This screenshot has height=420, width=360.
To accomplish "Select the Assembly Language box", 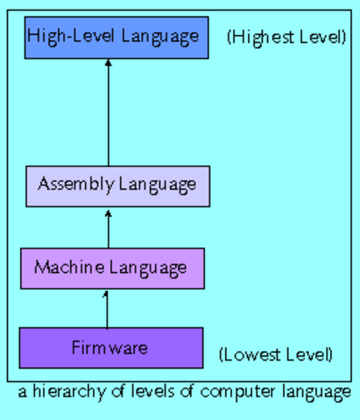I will (x=117, y=185).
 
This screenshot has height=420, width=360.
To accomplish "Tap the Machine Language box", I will (x=112, y=267).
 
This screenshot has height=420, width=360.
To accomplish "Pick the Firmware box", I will (x=110, y=348).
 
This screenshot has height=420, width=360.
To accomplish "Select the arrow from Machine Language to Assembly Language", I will (x=109, y=227).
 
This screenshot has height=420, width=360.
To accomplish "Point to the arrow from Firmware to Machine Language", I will (x=107, y=308).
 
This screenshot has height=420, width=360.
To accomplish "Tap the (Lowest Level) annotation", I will (x=275, y=354).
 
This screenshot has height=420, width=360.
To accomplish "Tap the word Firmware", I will (x=110, y=348).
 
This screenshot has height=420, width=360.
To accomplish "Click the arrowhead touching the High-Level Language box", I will (x=109, y=63).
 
